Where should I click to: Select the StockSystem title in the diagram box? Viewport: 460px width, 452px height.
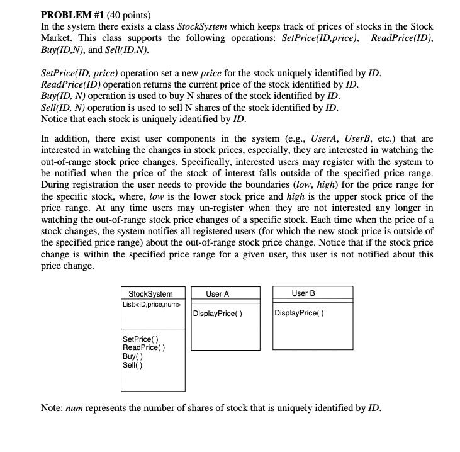coord(150,294)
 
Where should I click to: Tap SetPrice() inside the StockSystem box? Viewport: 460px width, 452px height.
coord(140,340)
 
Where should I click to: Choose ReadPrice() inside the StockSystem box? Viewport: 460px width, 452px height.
coord(144,348)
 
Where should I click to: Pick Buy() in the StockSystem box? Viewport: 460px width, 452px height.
coord(133,356)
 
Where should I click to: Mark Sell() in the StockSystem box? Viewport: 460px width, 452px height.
coord(133,364)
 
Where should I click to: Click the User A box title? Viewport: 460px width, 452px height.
coord(218,294)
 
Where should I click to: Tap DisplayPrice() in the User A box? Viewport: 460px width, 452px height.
coord(218,314)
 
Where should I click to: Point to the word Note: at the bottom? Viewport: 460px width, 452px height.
coord(52,407)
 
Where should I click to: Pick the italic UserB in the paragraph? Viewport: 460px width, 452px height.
coord(365,138)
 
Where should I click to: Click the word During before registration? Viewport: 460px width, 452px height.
coord(58,184)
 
